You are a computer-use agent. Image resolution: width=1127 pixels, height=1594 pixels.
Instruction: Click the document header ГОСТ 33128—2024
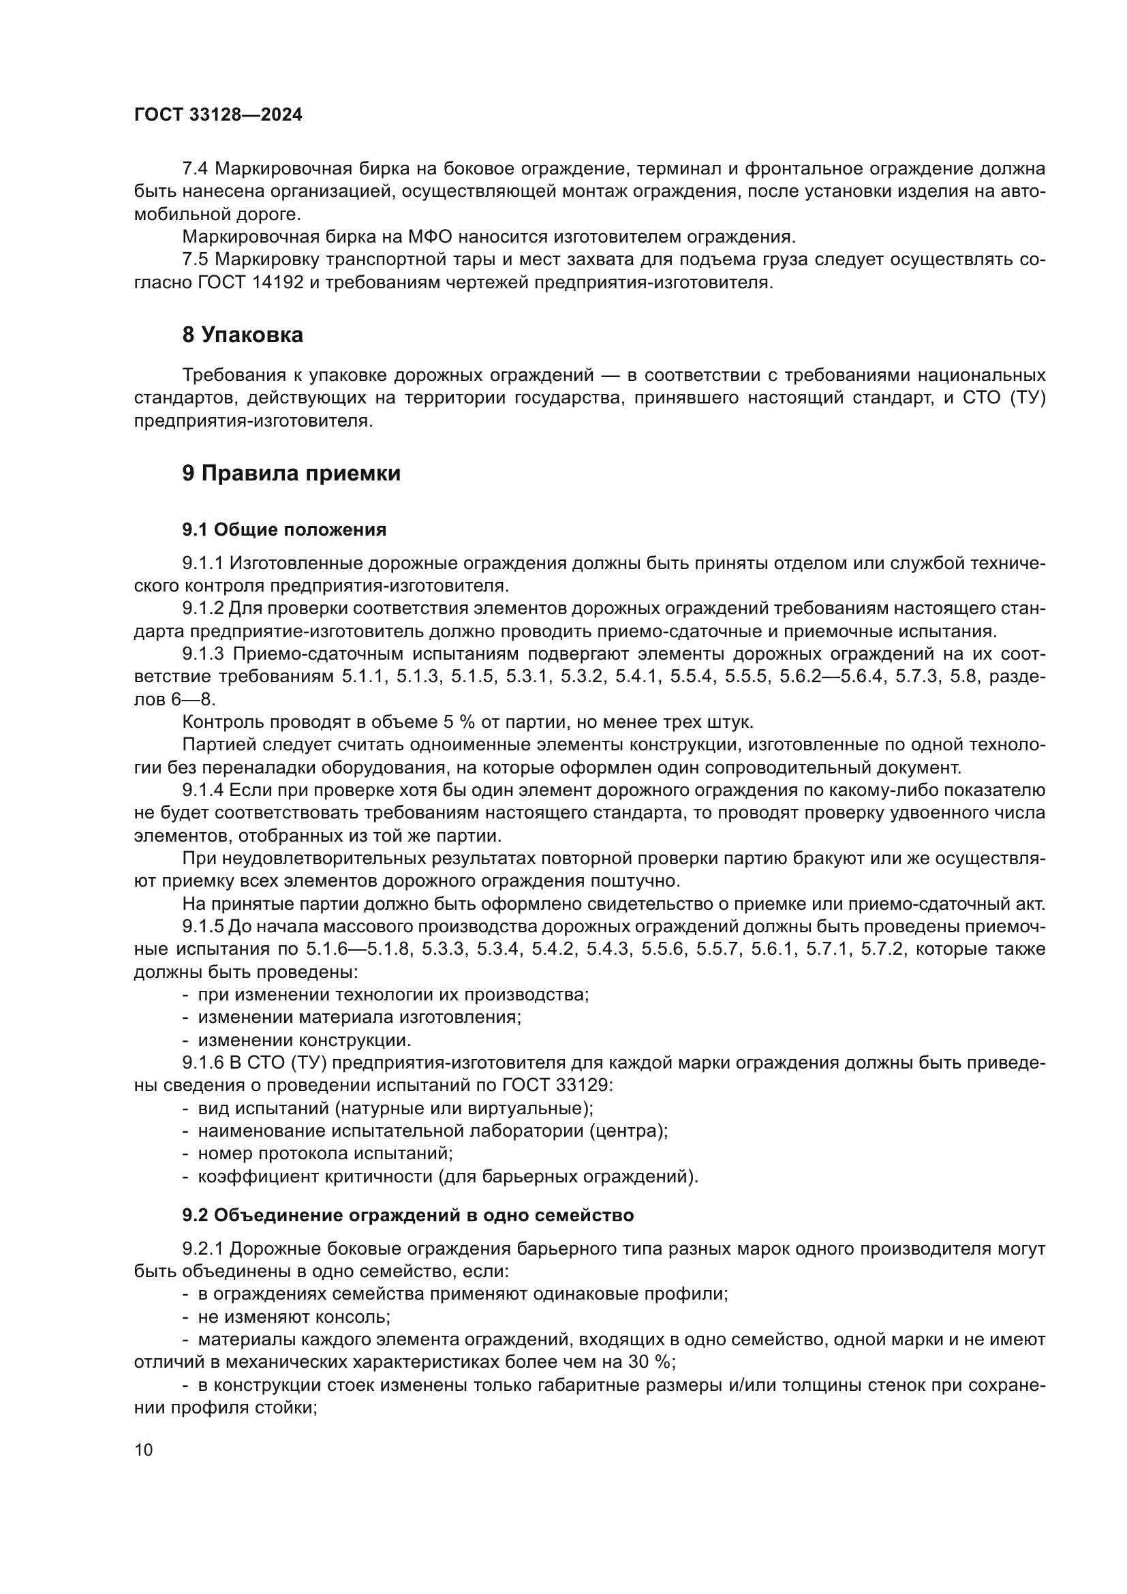pos(218,115)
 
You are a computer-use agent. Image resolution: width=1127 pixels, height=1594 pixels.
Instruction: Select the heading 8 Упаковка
pos(242,335)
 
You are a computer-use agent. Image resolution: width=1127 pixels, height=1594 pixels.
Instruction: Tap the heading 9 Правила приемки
pos(291,474)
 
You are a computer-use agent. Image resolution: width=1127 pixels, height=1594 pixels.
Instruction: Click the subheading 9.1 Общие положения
pos(284,530)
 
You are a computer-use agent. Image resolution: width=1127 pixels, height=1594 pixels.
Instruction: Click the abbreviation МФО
pos(429,237)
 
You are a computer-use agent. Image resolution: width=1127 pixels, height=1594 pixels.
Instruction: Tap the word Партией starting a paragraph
pos(212,745)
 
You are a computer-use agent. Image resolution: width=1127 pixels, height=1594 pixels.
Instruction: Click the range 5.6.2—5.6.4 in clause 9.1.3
pos(832,677)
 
